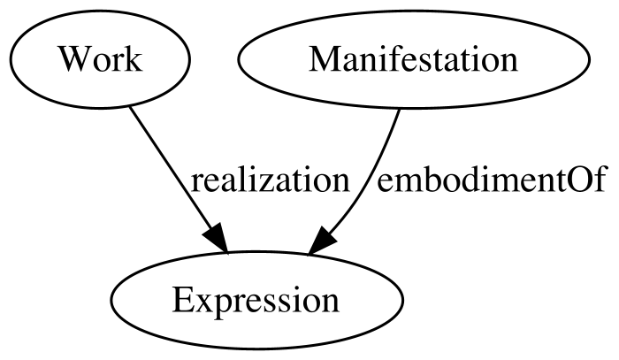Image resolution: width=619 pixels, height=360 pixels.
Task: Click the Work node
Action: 100,59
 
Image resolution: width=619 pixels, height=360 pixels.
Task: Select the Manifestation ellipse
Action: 414,59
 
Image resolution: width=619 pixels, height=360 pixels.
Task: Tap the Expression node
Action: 256,301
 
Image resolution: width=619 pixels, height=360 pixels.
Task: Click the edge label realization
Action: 271,181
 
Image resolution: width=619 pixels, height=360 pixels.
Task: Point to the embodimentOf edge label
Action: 491,181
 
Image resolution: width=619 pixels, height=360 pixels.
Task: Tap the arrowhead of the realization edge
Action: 217,239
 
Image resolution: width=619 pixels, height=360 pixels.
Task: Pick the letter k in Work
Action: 134,58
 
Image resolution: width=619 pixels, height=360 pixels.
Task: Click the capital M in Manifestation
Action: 325,59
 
